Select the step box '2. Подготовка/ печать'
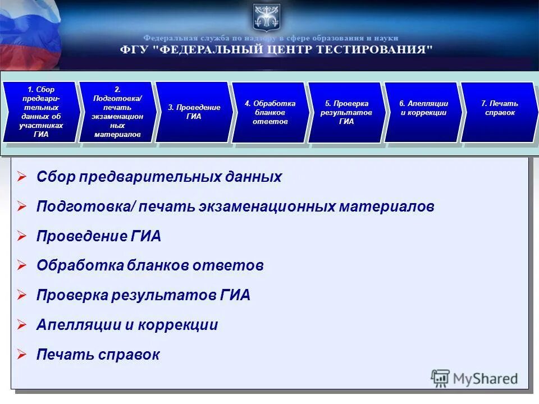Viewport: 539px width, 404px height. [x=117, y=112]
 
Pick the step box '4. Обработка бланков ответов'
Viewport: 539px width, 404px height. [x=270, y=112]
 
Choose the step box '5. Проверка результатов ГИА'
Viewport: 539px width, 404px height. [x=346, y=112]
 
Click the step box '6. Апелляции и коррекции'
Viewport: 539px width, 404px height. [x=423, y=112]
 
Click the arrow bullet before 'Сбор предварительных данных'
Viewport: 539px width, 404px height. [x=22, y=177]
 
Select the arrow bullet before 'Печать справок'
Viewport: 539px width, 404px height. [x=22, y=355]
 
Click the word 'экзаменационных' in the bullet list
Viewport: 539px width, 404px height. [x=267, y=206]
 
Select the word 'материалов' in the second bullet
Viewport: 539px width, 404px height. [x=386, y=206]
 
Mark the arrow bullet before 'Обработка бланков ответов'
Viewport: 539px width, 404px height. [x=22, y=266]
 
